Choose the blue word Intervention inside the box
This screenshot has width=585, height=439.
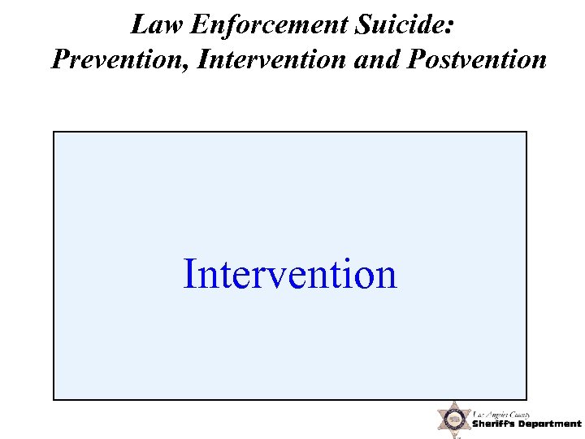(x=290, y=274)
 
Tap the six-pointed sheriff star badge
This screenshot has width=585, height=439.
(x=454, y=419)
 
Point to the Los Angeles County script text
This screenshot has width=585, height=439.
(x=502, y=414)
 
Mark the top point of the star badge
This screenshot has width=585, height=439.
(x=454, y=401)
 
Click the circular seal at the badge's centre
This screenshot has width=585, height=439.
(x=454, y=419)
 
